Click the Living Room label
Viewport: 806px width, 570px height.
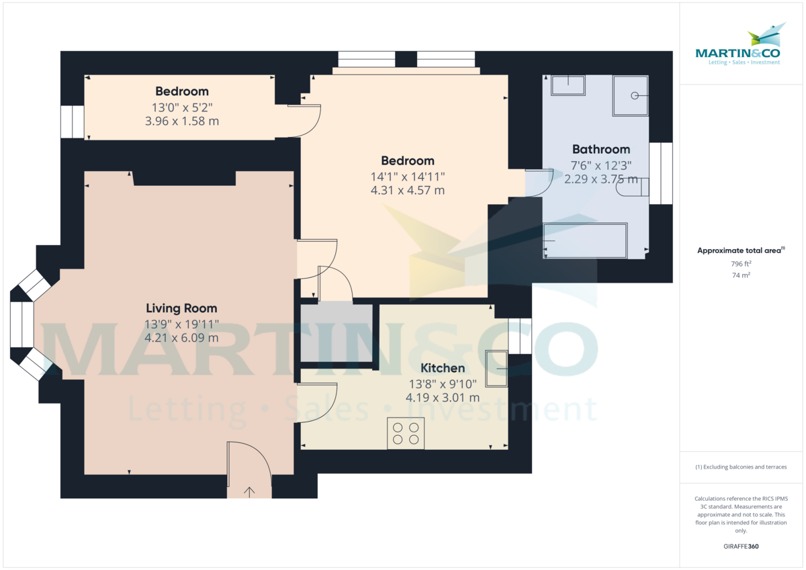[181, 308]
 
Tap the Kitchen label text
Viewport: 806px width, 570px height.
[443, 368]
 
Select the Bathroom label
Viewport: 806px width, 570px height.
[601, 149]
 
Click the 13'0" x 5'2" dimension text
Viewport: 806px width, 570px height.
[182, 107]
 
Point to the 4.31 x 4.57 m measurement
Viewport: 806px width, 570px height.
[408, 190]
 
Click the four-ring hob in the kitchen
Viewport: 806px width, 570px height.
[406, 433]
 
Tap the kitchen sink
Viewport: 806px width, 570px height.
[496, 369]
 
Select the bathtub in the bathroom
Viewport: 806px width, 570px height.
[585, 240]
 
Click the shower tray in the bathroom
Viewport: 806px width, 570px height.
[631, 95]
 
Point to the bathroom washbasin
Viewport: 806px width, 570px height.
[568, 85]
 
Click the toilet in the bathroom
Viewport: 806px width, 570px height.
[632, 187]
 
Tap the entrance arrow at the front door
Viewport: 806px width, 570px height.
[249, 491]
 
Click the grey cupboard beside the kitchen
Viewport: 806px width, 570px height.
[337, 333]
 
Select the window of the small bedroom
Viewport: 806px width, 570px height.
[73, 122]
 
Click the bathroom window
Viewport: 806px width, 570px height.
[661, 173]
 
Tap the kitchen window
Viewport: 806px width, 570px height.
[520, 336]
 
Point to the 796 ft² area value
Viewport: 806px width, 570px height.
[741, 264]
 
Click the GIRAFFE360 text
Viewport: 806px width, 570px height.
[741, 547]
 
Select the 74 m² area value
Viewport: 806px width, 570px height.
[741, 275]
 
